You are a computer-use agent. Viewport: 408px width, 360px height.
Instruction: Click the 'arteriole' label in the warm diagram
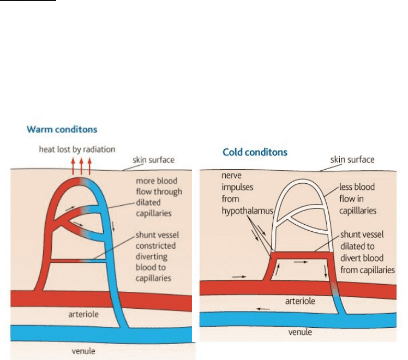pyautogui.click(x=83, y=315)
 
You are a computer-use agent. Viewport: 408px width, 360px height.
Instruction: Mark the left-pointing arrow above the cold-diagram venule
pyautogui.click(x=262, y=308)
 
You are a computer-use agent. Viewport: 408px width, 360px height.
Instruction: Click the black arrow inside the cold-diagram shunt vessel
pyautogui.click(x=299, y=262)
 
